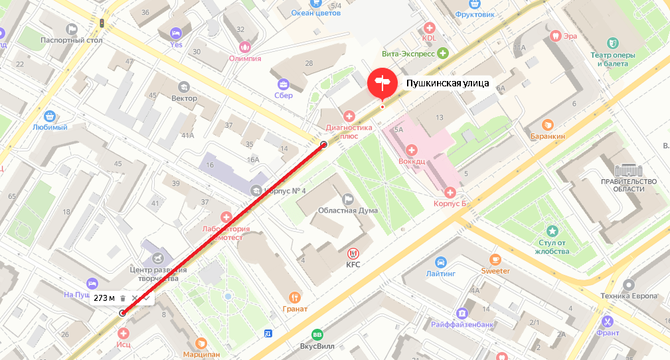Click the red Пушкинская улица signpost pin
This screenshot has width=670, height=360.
tap(382, 83)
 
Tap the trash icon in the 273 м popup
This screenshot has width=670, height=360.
tap(123, 298)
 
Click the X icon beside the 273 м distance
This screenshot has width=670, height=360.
tap(135, 298)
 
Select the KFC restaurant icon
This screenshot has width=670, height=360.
tap(353, 252)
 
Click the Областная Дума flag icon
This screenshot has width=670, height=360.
tap(348, 199)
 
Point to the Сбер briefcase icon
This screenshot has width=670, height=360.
tap(284, 84)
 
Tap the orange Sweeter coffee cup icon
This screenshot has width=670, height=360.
tap(495, 259)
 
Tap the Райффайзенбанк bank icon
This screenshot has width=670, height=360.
tap(461, 313)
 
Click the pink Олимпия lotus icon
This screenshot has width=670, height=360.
tap(245, 46)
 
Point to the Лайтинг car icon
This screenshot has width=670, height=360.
tap(442, 261)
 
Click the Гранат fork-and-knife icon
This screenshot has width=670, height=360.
tap(295, 297)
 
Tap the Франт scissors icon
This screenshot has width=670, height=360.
tap(607, 322)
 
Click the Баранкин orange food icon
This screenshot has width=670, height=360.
tap(548, 124)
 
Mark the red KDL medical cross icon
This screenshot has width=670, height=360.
tap(429, 28)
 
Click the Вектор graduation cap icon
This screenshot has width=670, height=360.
tap(184, 86)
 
